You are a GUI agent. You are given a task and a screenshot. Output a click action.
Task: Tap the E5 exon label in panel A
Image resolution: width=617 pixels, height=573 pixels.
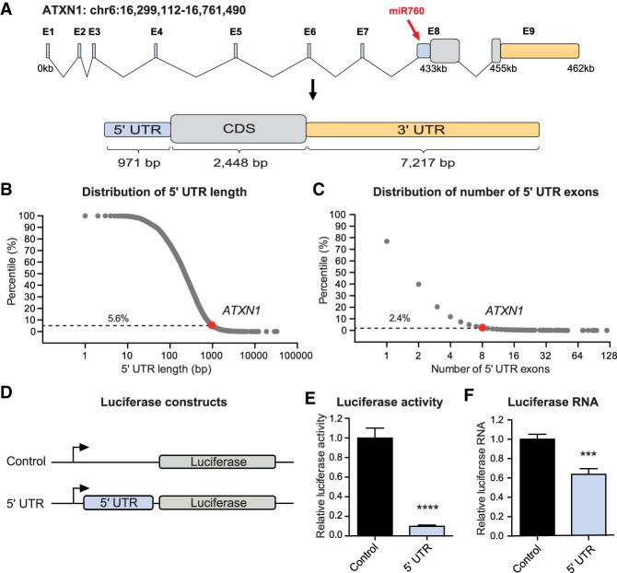click(236, 31)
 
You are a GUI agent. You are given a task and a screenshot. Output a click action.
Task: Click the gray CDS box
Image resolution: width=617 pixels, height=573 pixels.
click(238, 129)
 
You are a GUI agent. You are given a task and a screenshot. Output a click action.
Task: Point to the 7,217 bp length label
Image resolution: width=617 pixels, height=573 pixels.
click(422, 163)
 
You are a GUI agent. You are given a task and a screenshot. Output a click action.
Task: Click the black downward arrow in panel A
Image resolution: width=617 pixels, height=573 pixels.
click(314, 89)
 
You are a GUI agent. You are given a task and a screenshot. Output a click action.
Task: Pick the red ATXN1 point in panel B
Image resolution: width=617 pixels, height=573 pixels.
click(212, 324)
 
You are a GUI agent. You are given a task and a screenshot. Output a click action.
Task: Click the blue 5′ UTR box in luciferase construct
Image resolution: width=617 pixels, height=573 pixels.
click(118, 478)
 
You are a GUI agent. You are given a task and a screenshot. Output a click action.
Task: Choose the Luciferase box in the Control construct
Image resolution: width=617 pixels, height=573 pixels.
click(216, 432)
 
